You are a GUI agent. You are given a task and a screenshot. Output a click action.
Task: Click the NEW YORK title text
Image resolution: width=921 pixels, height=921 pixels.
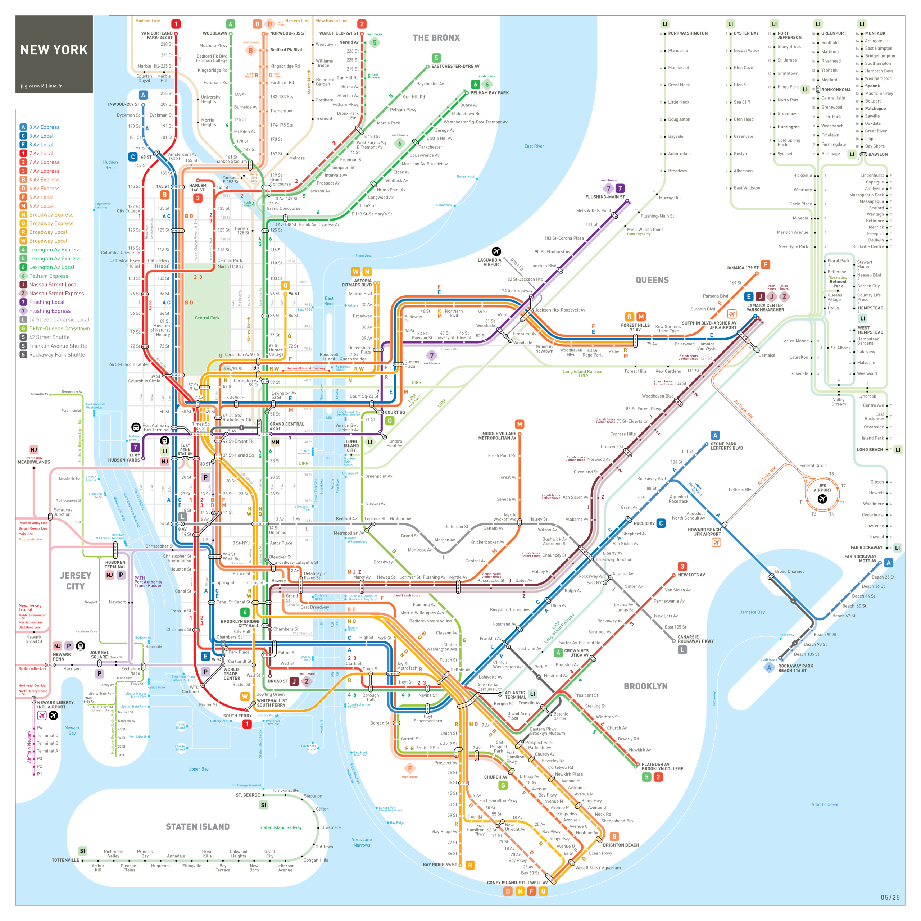[x=54, y=50]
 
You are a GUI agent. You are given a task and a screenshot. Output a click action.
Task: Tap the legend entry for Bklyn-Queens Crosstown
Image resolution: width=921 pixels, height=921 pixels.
[x=59, y=328]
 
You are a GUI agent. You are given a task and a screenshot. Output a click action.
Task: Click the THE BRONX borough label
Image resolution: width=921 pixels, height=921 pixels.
[x=436, y=38]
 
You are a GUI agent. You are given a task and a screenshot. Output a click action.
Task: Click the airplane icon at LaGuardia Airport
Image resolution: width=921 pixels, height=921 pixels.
[x=496, y=251]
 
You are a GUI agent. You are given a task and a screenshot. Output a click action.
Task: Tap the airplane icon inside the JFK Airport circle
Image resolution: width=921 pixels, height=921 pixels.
[x=822, y=499]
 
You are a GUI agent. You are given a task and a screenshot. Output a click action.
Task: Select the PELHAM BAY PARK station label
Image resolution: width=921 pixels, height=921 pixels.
[x=490, y=93]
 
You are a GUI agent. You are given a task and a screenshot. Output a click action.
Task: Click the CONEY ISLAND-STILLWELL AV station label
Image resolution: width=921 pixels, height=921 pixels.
[x=517, y=883]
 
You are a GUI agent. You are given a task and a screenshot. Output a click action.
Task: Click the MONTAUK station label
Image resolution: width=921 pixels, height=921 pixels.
[x=875, y=33]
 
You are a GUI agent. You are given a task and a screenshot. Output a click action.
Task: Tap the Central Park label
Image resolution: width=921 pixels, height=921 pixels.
[x=207, y=318]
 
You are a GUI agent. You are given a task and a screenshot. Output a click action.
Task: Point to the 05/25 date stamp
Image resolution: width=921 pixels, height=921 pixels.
[x=890, y=898]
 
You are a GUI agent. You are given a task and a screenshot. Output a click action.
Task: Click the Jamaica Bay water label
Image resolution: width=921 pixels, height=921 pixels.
[x=752, y=612]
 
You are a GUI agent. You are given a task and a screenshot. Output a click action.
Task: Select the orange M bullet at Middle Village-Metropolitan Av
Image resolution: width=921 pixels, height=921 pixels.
[x=519, y=424]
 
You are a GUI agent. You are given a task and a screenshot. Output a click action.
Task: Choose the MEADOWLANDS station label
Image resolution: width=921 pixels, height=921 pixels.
[x=34, y=462]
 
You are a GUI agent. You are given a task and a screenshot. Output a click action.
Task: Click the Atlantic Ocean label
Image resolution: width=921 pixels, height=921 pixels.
[x=825, y=804]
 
